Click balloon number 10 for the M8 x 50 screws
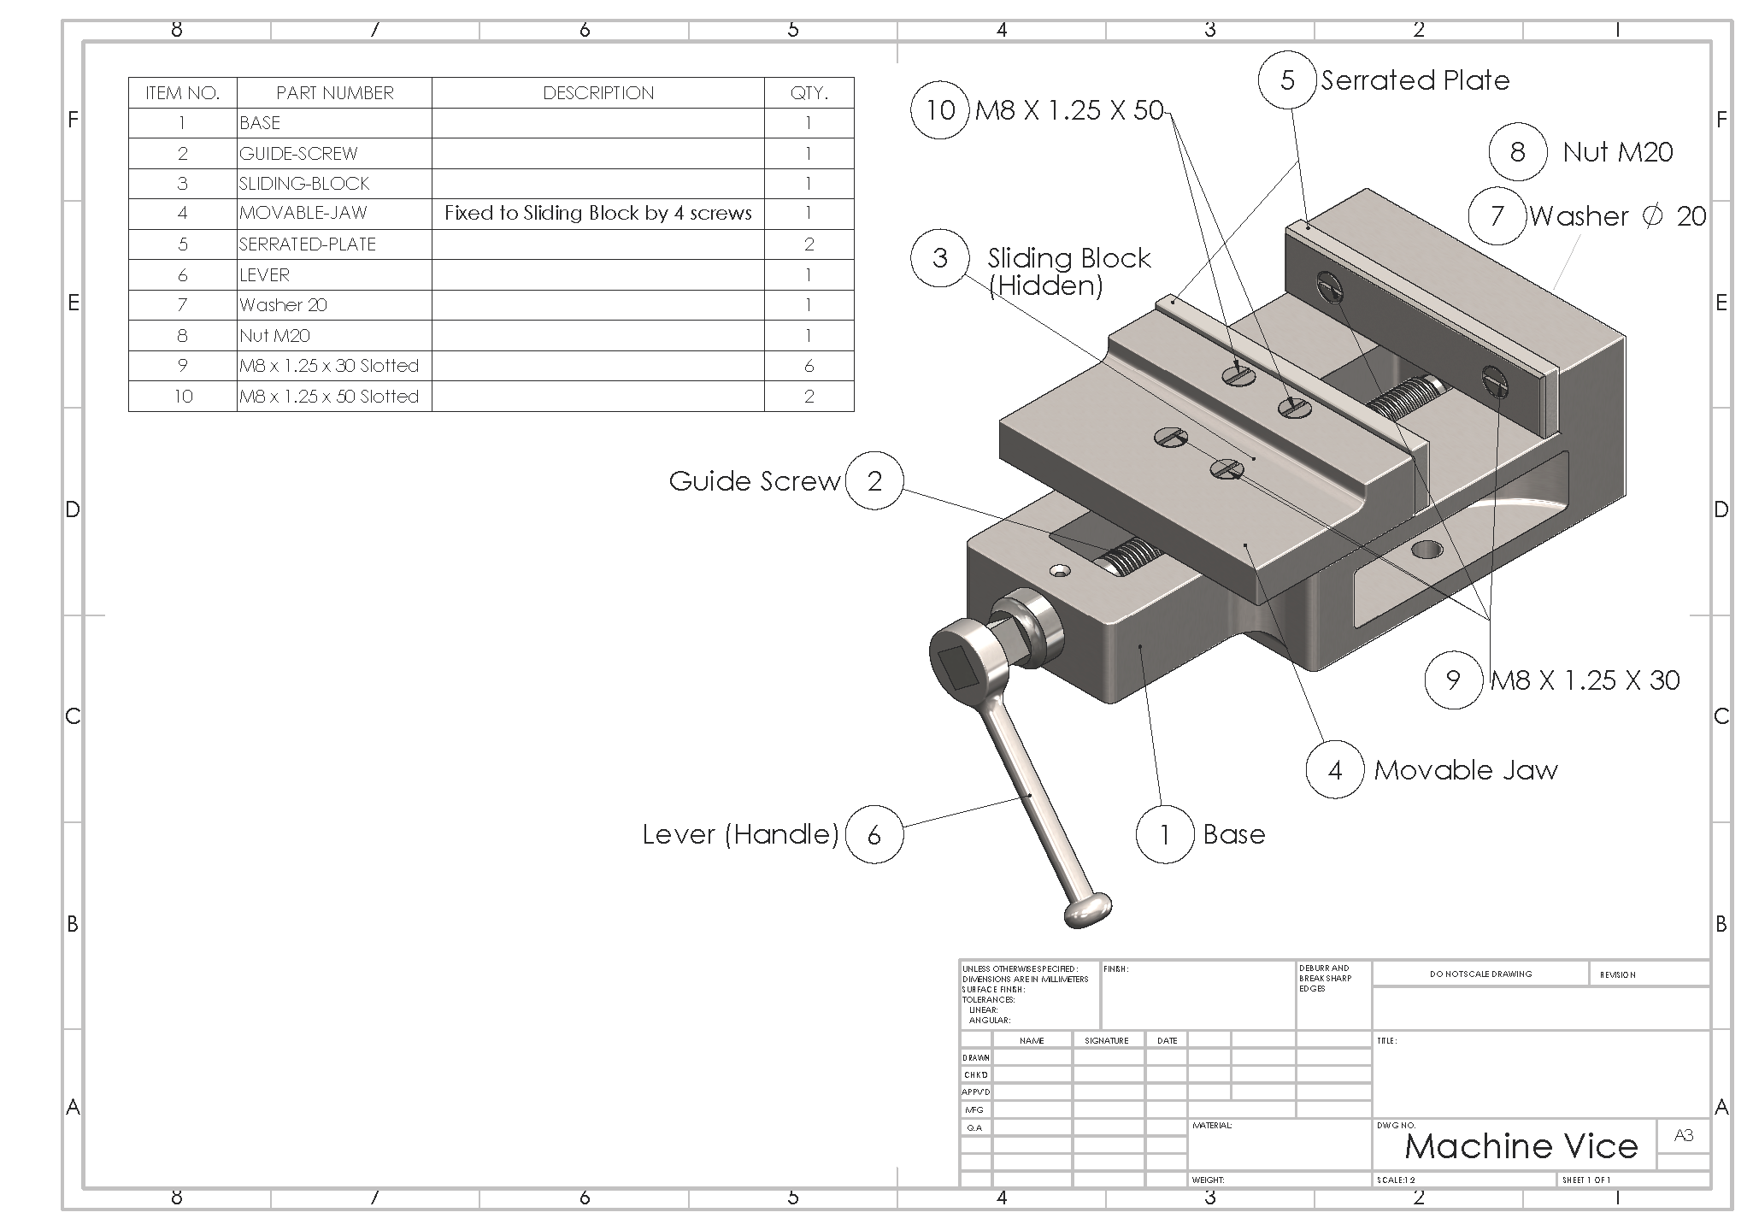click(x=939, y=110)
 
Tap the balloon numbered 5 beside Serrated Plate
click(x=1287, y=80)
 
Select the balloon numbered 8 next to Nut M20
click(x=1517, y=152)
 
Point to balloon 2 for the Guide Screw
click(x=874, y=481)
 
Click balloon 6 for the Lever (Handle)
click(x=874, y=835)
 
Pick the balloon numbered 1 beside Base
click(x=1164, y=834)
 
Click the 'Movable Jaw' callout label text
click(x=1465, y=770)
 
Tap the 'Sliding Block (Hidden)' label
click(x=1068, y=272)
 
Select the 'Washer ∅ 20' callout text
click(x=1617, y=216)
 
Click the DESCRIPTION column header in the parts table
click(x=598, y=93)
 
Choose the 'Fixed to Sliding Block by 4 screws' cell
click(x=598, y=214)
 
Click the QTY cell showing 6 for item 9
click(x=809, y=366)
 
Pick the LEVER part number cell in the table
click(x=334, y=275)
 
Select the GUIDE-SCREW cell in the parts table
click(x=334, y=154)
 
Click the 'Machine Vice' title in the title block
click(x=1521, y=1146)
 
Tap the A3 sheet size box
click(x=1683, y=1136)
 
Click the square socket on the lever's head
click(x=960, y=666)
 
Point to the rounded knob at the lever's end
click(x=1087, y=909)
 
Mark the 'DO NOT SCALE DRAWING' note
click(x=1480, y=974)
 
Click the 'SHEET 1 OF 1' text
click(x=1586, y=1180)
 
